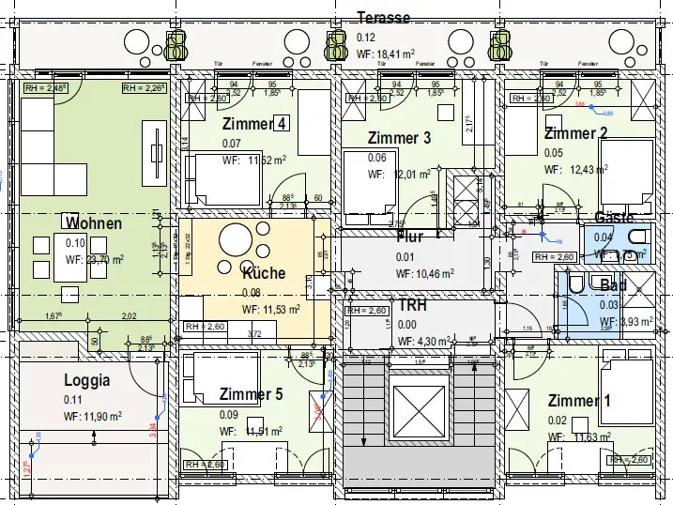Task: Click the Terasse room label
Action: click(384, 18)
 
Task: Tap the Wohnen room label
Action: click(94, 223)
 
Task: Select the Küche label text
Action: click(264, 273)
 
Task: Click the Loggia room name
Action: click(87, 380)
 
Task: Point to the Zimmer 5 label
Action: click(251, 394)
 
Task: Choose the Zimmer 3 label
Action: click(399, 138)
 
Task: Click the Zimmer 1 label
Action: click(579, 401)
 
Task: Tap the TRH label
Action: click(413, 306)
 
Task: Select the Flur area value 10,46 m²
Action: click(425, 274)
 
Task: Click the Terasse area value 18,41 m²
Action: click(386, 55)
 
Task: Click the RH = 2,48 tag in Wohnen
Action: click(45, 89)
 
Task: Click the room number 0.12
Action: click(366, 38)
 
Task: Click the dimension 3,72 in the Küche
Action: click(253, 333)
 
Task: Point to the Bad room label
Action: click(613, 284)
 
